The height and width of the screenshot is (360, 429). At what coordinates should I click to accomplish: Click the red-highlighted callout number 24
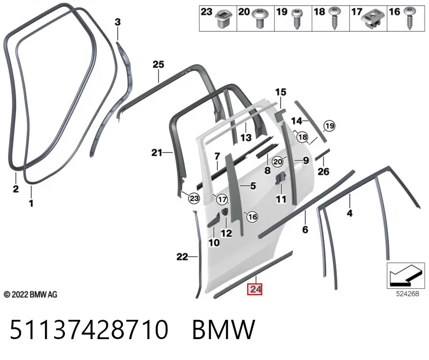[255, 289]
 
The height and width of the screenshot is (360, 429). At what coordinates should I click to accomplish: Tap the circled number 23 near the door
[194, 198]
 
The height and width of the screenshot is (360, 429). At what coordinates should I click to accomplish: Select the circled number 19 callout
[329, 126]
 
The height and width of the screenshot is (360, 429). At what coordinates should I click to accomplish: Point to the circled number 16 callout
[252, 217]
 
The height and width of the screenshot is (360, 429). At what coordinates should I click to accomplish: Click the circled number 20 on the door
[278, 162]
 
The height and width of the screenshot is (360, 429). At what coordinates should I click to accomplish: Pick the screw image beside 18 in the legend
[334, 18]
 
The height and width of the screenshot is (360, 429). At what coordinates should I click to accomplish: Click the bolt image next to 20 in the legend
[259, 18]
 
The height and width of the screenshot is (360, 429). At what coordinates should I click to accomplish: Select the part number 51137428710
[89, 329]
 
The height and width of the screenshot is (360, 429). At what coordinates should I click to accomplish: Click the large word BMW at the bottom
[224, 329]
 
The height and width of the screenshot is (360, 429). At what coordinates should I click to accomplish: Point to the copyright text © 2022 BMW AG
[31, 295]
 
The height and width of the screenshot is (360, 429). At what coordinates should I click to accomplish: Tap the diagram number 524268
[408, 294]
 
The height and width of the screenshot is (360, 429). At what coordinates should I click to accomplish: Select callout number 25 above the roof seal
[158, 64]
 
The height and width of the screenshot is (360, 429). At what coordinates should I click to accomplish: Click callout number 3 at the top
[117, 22]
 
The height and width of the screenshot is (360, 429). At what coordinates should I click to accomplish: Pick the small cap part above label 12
[225, 212]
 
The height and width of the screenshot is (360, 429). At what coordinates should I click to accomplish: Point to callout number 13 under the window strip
[246, 137]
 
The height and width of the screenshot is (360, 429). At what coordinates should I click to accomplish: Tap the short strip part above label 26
[322, 154]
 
